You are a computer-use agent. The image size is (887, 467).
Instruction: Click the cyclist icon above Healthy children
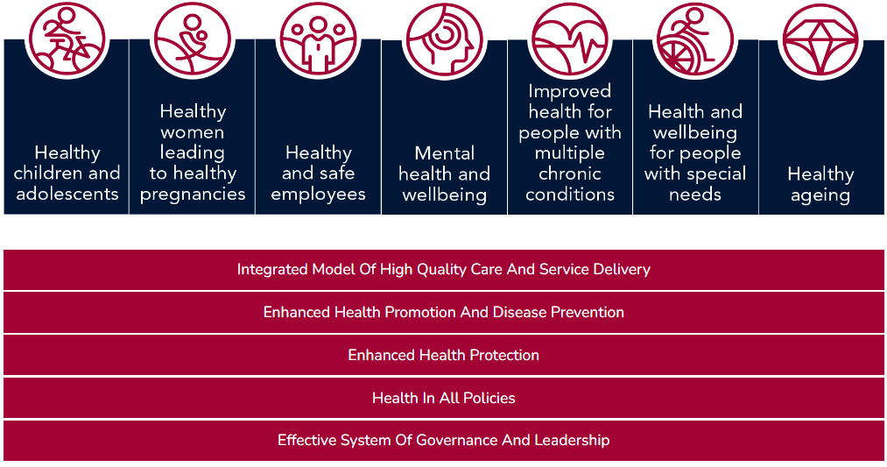click(67, 39)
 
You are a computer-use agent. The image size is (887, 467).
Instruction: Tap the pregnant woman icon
click(193, 39)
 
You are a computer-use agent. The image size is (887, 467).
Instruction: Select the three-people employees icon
click(319, 39)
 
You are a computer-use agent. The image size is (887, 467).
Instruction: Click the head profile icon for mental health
click(445, 41)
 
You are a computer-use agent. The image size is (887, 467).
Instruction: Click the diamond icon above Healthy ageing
click(820, 41)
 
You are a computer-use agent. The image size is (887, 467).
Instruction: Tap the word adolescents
click(67, 194)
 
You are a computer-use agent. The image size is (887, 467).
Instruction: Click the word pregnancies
click(193, 195)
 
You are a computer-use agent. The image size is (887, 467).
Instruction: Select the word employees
click(319, 195)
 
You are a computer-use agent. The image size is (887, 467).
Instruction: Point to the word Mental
click(445, 153)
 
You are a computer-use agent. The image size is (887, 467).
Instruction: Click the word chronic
click(570, 173)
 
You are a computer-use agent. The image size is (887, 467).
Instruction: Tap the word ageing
click(820, 196)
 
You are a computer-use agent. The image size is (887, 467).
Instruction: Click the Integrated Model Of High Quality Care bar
click(443, 270)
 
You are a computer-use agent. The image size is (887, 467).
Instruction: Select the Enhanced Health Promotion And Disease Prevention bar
click(443, 313)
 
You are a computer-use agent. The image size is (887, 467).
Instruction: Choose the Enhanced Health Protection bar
click(443, 355)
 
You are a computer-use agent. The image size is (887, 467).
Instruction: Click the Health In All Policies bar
click(443, 398)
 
